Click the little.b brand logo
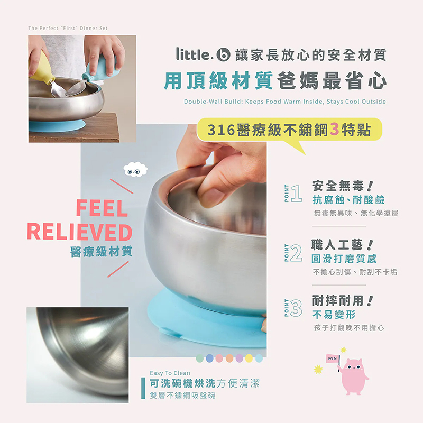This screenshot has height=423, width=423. tap(203, 54)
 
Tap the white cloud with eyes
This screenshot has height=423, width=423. tap(135, 169)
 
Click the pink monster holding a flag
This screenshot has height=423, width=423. tap(353, 376)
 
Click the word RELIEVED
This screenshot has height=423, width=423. tap(79, 233)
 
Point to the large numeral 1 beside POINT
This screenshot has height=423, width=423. tap(297, 194)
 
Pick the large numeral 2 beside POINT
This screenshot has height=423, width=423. tap(297, 253)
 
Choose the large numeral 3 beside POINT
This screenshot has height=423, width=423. tap(297, 308)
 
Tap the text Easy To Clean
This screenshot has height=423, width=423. tap(170, 373)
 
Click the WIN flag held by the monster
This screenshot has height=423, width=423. tap(332, 358)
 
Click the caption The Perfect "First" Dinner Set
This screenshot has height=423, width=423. tap(68, 28)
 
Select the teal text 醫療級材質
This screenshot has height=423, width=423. tap(101, 252)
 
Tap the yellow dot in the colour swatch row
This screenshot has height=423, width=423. tap(249, 358)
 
